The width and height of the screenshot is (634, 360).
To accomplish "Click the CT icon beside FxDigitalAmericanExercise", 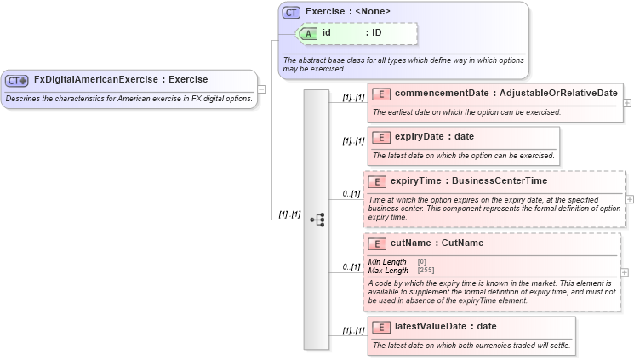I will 17,80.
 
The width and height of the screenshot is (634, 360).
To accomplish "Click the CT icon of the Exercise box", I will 292,12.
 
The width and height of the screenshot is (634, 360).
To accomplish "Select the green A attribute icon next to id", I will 308,33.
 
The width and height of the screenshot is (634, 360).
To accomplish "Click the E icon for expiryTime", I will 377,180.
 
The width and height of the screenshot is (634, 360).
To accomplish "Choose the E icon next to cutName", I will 377,243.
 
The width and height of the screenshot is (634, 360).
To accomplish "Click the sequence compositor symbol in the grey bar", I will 317,219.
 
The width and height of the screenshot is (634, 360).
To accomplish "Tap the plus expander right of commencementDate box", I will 628,102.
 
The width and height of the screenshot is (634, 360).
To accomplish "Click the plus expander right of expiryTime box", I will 630,199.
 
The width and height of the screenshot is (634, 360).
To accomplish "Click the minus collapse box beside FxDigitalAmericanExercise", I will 261,88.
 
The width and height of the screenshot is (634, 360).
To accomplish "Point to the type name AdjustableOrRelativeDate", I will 558,93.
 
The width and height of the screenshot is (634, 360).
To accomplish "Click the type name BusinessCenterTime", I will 500,180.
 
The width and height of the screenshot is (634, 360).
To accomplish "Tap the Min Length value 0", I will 422,261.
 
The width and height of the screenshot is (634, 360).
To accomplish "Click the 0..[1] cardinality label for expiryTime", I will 351,194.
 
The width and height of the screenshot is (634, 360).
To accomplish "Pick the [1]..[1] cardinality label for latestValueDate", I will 353,330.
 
